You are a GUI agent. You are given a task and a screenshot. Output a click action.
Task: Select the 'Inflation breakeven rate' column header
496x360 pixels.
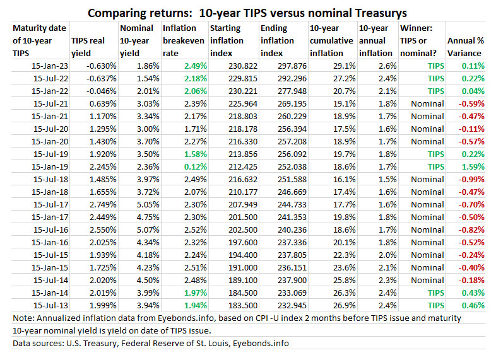[184, 41]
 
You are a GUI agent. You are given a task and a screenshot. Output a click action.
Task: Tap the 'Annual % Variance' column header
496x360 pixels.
[466, 41]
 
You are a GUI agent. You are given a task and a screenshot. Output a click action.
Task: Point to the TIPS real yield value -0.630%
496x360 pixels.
[100, 66]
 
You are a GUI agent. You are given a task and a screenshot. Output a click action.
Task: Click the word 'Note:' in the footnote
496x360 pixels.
[25, 318]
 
